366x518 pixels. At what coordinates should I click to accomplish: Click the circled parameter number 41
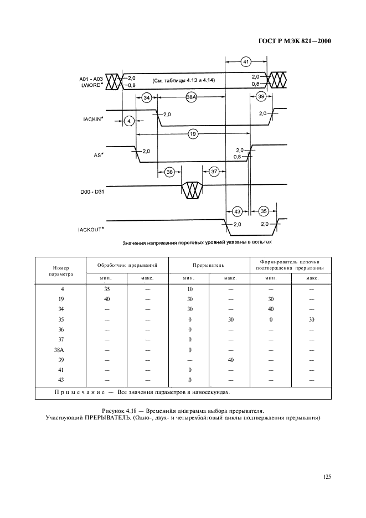tap(246, 61)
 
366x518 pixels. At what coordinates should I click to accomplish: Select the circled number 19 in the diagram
tap(193, 134)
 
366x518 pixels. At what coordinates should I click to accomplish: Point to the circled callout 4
tap(128, 120)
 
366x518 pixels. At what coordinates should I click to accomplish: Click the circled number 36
tap(170, 172)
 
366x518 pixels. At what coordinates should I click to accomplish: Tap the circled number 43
tap(237, 211)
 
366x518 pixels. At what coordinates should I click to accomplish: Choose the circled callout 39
tap(261, 97)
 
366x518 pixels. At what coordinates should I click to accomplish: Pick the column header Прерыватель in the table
tap(208, 266)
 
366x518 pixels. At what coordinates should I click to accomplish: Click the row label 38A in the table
tap(61, 350)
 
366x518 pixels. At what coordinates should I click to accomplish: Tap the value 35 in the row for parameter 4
tap(107, 289)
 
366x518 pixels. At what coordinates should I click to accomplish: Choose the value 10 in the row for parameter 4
tap(189, 289)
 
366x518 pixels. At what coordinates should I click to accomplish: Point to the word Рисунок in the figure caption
tap(115, 411)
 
